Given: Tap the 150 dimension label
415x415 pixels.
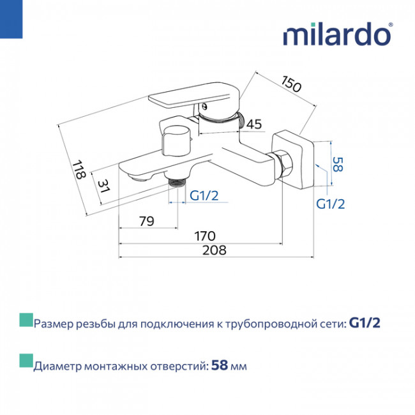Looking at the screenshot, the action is click(291, 84).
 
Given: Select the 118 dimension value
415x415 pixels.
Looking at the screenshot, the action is click(79, 170).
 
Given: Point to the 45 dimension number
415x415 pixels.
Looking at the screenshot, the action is click(254, 124).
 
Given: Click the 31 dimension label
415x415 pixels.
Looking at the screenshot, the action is click(103, 186).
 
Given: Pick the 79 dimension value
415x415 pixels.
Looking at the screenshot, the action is click(146, 221).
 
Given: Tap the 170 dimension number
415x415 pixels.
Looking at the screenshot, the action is click(205, 236).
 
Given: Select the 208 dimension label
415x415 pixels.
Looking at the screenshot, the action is click(215, 250).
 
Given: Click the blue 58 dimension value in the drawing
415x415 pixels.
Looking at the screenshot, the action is click(338, 164).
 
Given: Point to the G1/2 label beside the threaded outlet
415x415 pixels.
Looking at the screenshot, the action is click(204, 195).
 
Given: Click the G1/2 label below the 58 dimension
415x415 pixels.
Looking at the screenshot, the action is click(331, 204).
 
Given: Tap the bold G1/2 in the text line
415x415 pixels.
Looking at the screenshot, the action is click(365, 323).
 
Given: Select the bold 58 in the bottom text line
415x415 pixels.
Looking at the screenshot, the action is click(220, 365).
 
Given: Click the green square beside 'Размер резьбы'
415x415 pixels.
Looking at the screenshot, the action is click(26, 320).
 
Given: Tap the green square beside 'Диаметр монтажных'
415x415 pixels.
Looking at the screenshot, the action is click(26, 361).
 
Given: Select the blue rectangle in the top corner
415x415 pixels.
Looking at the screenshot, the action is click(11, 19).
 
